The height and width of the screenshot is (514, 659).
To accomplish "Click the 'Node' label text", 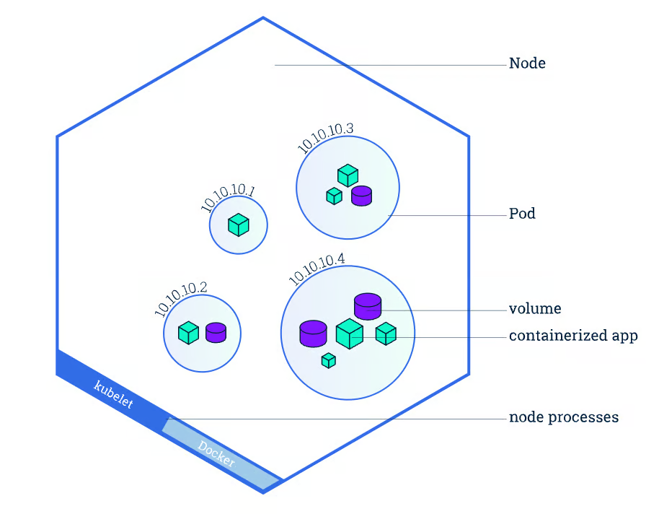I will tap(527, 64).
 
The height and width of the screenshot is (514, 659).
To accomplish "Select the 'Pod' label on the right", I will tap(522, 214).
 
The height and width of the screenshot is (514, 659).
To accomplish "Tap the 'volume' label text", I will tap(535, 309).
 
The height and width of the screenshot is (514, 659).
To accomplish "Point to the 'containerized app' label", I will tap(573, 336).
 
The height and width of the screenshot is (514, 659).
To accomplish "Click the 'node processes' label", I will tap(563, 417).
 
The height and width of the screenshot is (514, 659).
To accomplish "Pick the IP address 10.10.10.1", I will tap(228, 199).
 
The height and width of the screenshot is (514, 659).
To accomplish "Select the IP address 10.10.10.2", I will tap(180, 297).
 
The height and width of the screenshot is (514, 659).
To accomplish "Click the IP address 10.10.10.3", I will tap(325, 137).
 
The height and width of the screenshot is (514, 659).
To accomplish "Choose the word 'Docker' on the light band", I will tap(216, 453).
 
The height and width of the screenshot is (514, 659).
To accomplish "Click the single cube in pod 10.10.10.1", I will tap(238, 225).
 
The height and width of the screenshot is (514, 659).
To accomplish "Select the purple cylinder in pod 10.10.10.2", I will tap(216, 333).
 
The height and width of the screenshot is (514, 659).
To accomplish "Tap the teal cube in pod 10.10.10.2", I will tap(188, 333).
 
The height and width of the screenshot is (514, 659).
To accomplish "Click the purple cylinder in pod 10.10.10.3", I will tap(361, 195).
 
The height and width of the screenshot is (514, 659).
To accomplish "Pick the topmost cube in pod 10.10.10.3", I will tap(348, 175).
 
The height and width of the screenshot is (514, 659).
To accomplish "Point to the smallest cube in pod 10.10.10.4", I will tap(329, 360).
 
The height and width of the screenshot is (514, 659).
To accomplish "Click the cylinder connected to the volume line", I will tap(367, 306).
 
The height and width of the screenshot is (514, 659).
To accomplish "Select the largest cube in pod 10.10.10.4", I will tap(349, 334).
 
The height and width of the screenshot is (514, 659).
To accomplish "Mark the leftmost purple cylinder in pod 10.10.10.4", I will tap(313, 334).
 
